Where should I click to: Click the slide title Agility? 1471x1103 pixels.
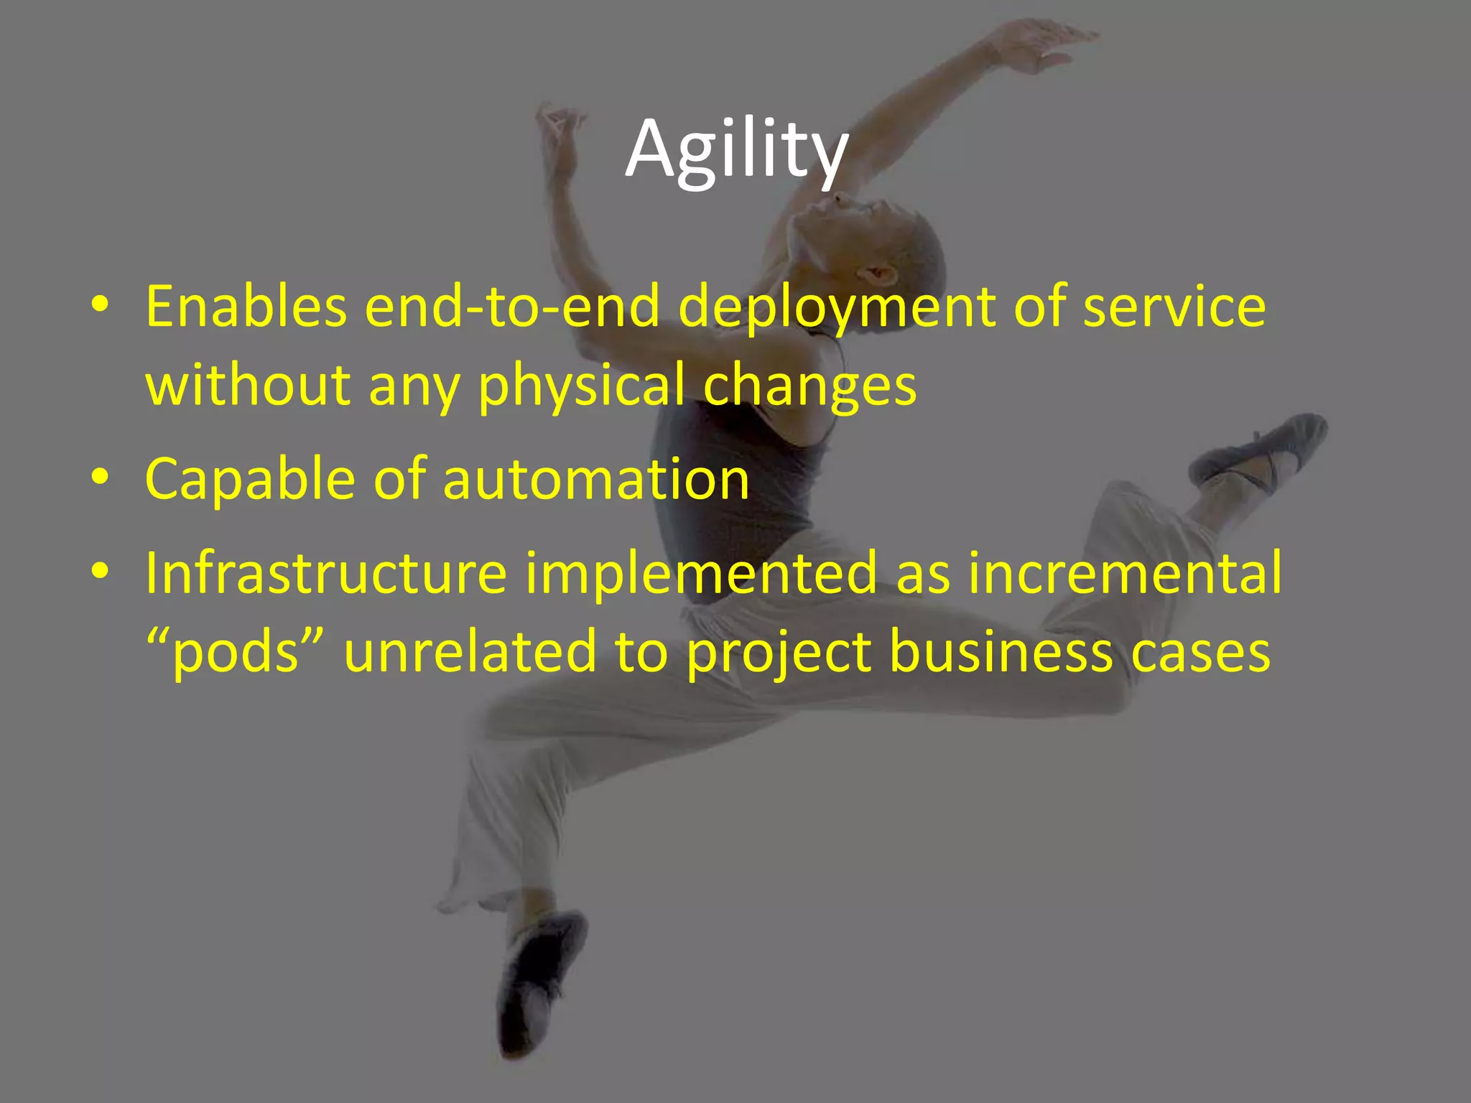coord(736,149)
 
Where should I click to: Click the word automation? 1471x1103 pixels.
coord(596,480)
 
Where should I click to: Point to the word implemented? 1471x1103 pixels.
coord(701,573)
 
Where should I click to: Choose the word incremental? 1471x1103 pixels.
coord(1125,573)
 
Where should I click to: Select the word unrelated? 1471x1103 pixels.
coord(470,651)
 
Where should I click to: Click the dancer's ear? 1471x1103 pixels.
coord(881,274)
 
